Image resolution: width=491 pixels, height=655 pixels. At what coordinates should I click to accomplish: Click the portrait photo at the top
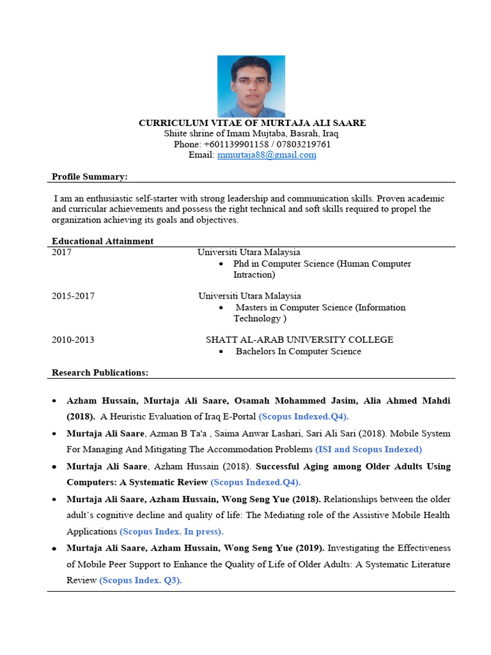[x=251, y=86]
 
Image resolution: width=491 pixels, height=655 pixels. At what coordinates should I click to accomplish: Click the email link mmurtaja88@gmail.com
[x=267, y=155]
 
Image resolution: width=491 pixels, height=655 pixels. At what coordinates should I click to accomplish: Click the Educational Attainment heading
[x=102, y=241]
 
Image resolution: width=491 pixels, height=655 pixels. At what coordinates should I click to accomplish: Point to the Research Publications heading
[x=100, y=372]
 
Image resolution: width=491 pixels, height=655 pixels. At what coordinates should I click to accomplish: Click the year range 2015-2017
[x=73, y=296]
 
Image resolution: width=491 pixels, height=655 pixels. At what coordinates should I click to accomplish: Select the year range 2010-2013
[x=73, y=340]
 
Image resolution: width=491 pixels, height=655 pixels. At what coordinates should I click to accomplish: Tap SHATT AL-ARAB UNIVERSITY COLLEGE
[x=299, y=340]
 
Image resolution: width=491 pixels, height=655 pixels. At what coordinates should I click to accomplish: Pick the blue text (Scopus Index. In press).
[x=173, y=532]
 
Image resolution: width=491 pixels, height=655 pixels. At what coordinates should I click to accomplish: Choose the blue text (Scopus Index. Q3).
[x=141, y=581]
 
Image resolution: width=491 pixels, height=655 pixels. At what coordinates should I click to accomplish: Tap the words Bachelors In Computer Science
[x=298, y=351]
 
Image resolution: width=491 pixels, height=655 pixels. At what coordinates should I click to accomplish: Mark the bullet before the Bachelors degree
[x=221, y=352]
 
